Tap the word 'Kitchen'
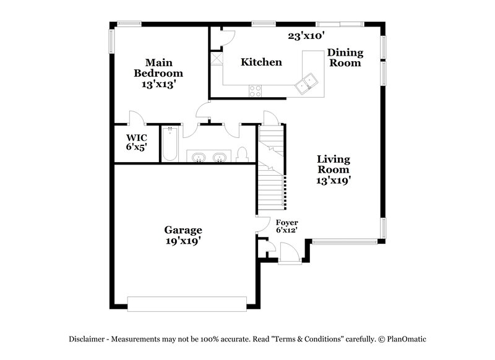tap(261, 62)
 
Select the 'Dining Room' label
tap(345, 58)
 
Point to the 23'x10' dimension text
tap(306, 36)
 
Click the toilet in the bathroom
tap(243, 154)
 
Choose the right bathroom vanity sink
tap(220, 158)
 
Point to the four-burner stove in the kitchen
tap(255, 90)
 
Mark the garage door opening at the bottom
tap(187, 302)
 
